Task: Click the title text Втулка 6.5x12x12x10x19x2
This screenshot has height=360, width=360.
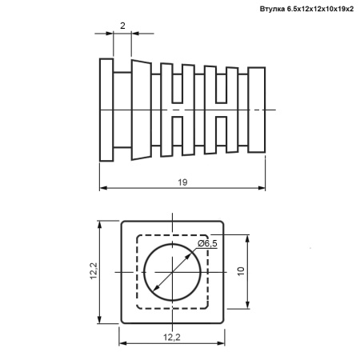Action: coord(306,9)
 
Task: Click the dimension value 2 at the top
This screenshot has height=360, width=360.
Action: coord(122,26)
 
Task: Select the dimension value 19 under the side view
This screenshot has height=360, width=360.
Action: coord(182,182)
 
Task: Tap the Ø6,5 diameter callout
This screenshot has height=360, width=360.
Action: coord(207,243)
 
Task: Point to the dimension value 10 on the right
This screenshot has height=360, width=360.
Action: coord(241,271)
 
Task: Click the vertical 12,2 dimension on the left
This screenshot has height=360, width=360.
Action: coord(94,271)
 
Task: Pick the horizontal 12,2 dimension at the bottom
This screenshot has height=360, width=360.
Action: coord(172,338)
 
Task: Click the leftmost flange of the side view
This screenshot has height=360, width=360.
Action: coord(106,110)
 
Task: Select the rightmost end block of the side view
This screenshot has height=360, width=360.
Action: coord(257,110)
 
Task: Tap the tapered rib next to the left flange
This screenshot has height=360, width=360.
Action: coord(142,110)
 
